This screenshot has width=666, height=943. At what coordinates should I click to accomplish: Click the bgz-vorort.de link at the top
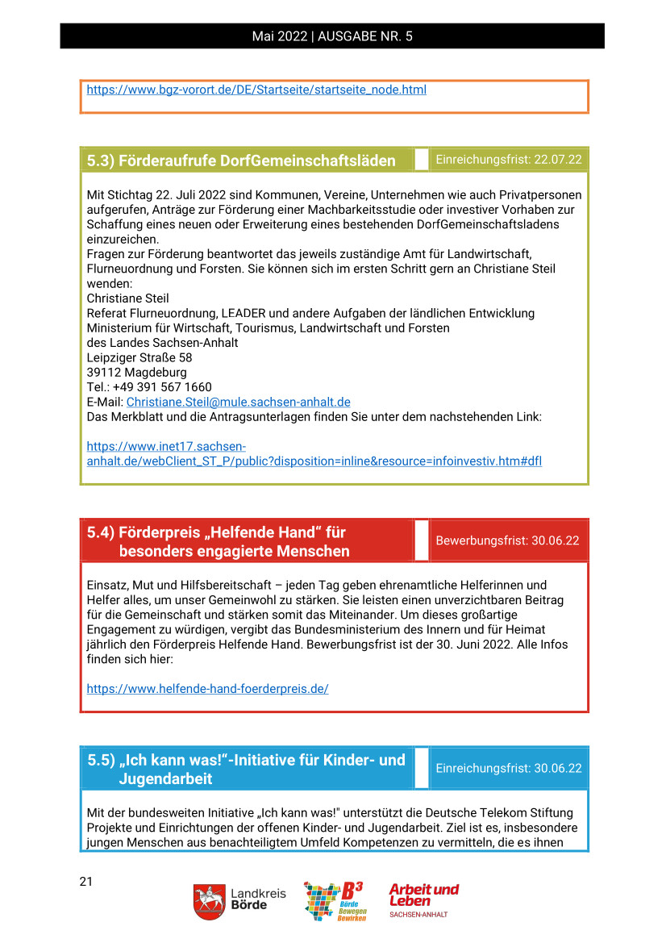[x=256, y=90]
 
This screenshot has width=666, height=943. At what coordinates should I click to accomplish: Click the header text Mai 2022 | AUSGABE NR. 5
[x=332, y=36]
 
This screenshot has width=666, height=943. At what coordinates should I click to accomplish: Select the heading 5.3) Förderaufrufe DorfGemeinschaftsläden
[x=241, y=161]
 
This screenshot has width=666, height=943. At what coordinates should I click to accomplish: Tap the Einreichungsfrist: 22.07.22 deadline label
[x=509, y=160]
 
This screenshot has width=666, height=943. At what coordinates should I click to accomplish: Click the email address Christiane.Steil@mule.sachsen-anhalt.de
[x=238, y=402]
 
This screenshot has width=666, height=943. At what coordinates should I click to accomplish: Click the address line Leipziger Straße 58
[x=139, y=357]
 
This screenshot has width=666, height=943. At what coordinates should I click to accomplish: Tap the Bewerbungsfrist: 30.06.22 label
[x=507, y=540]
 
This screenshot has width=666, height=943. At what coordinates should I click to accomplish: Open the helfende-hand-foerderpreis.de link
[x=207, y=689]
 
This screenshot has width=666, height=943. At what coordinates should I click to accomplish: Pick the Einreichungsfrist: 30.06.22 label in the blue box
[x=509, y=768]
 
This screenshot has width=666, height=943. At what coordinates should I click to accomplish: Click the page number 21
[x=86, y=882]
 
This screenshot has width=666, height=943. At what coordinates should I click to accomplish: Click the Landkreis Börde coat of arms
[x=209, y=901]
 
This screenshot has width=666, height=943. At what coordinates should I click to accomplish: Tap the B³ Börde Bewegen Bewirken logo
[x=334, y=901]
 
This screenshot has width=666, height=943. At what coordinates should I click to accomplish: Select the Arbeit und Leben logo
[x=424, y=899]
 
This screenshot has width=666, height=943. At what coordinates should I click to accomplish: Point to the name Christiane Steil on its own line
[x=128, y=298]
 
